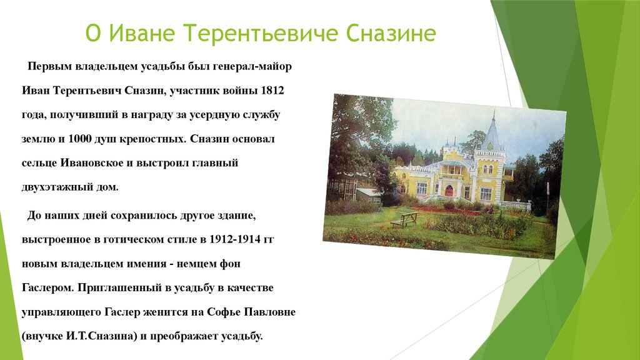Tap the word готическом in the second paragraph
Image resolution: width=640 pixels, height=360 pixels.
click(144, 239)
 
